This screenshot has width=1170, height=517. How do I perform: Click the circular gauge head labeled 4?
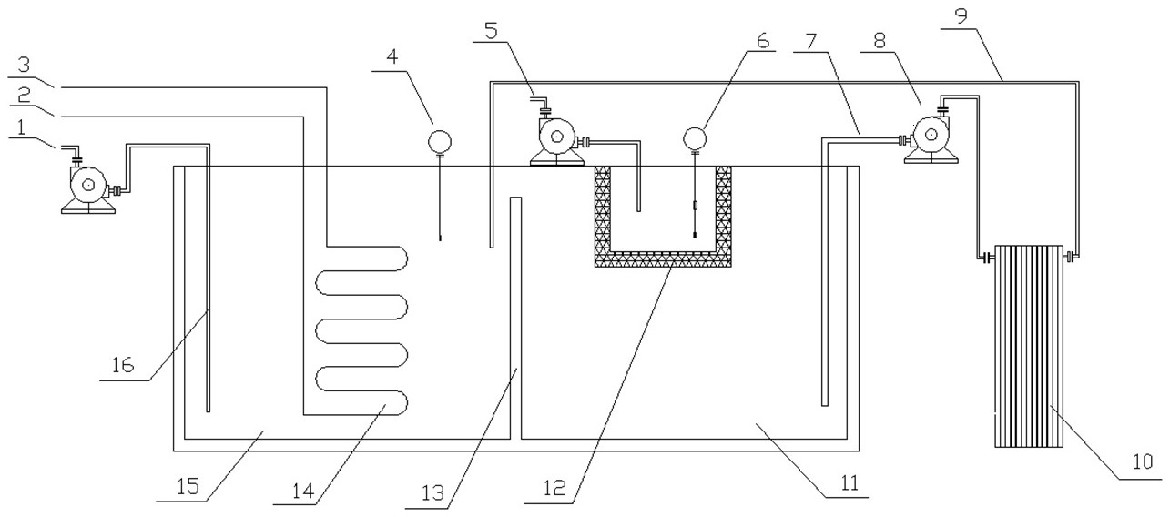coord(440,140)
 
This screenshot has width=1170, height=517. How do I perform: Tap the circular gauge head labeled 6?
coord(695,137)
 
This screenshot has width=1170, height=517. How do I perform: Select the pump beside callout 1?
coord(88,187)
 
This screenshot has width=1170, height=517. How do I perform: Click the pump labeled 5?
coord(554,140)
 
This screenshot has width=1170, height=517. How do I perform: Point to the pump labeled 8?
coord(931,137)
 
